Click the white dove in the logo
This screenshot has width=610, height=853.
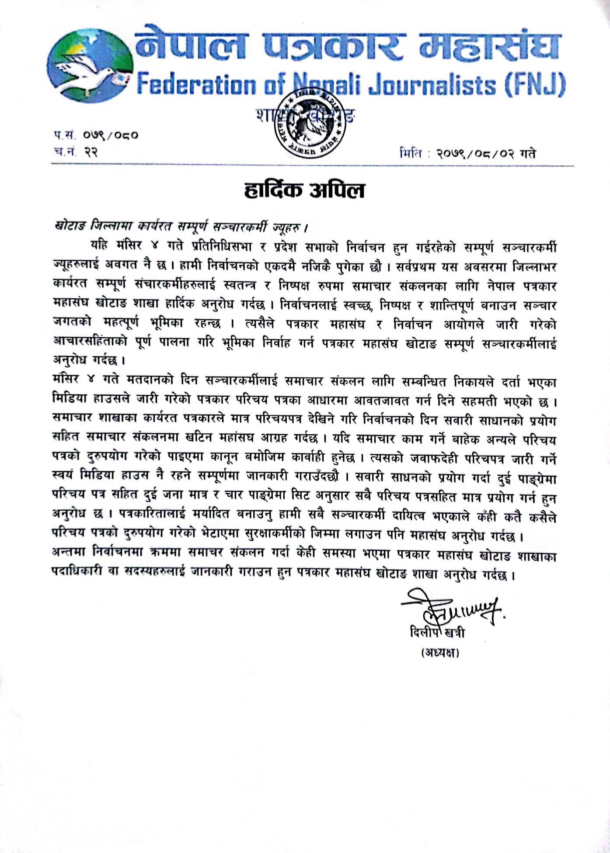83,72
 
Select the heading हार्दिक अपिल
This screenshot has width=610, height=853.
304,191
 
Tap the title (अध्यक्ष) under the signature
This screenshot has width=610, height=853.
440,653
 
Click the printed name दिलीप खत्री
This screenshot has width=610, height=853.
437,632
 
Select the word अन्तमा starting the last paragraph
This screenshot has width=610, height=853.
69,553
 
